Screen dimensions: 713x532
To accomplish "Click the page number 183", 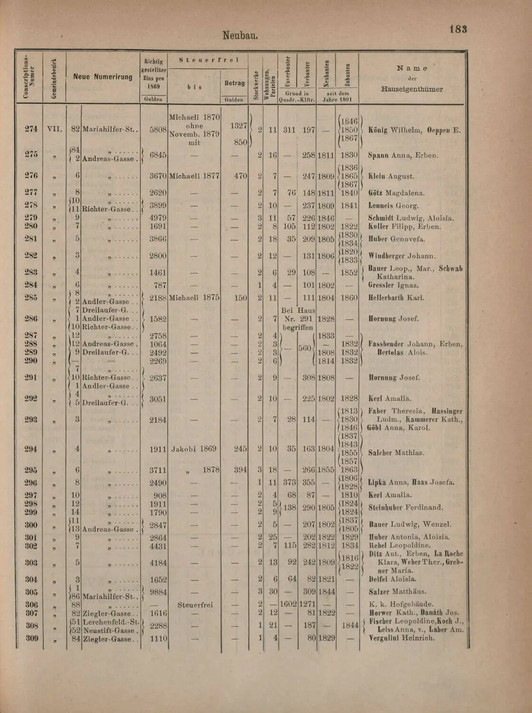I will click(x=458, y=29).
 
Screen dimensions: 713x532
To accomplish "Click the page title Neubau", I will click(x=240, y=36).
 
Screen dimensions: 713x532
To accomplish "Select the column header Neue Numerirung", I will click(x=103, y=77).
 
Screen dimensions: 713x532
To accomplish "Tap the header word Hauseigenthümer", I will click(x=412, y=89).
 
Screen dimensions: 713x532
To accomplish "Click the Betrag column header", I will click(x=234, y=83).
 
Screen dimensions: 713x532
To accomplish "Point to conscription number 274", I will click(x=31, y=129).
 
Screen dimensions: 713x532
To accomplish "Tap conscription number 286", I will click(x=31, y=318).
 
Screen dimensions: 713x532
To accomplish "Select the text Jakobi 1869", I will click(x=194, y=449).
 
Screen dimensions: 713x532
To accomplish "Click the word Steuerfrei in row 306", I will click(x=195, y=605).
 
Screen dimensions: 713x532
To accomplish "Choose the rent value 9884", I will click(x=158, y=592).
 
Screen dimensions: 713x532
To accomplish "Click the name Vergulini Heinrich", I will click(x=401, y=638).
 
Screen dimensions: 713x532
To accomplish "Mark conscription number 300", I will click(x=31, y=525).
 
